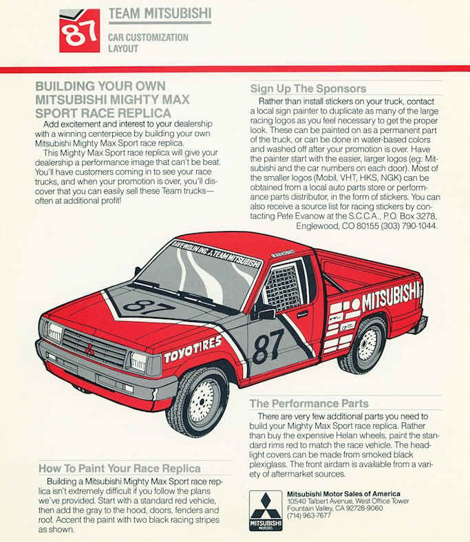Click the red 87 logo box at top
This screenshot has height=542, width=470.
pyautogui.click(x=79, y=31)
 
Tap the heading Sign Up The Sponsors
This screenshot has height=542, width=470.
pyautogui.click(x=308, y=89)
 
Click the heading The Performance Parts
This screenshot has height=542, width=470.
pyautogui.click(x=309, y=403)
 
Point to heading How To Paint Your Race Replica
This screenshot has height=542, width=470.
pyautogui.click(x=120, y=468)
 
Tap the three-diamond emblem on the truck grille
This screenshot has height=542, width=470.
pyautogui.click(x=89, y=350)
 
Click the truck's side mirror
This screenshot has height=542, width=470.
pyautogui.click(x=263, y=313)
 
